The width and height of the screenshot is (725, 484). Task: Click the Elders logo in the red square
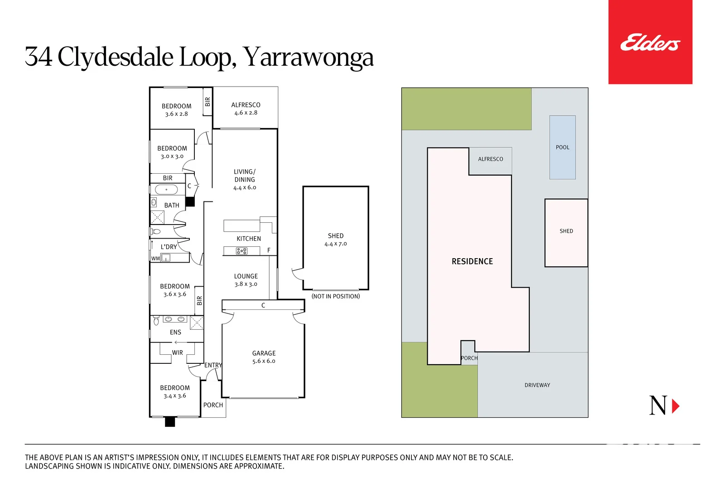click(x=650, y=43)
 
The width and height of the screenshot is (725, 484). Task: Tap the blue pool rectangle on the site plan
click(x=562, y=147)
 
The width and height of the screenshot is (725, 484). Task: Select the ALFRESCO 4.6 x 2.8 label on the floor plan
click(x=246, y=108)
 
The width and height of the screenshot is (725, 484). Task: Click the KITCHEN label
click(x=249, y=239)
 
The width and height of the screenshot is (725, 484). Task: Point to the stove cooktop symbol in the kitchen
click(x=242, y=251)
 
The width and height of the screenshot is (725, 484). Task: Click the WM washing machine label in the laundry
click(x=155, y=259)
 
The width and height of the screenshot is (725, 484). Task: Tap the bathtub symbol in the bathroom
click(x=166, y=190)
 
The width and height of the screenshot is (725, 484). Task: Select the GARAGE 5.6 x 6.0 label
click(x=264, y=357)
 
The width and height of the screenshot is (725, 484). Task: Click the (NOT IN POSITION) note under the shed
click(x=336, y=296)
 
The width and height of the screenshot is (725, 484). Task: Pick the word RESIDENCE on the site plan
click(x=472, y=261)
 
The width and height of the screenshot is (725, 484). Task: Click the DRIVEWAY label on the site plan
click(x=537, y=385)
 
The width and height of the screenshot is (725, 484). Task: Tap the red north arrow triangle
click(x=675, y=406)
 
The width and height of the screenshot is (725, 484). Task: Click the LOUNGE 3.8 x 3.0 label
click(x=246, y=280)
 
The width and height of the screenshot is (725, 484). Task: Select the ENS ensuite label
click(x=175, y=332)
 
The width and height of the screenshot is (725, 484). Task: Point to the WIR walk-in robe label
click(x=177, y=352)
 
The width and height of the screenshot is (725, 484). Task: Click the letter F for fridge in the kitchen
click(x=269, y=250)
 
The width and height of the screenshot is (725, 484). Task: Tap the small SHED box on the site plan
click(x=566, y=232)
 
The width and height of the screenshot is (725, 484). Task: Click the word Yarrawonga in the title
click(x=308, y=57)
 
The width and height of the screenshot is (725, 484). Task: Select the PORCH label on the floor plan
click(x=213, y=405)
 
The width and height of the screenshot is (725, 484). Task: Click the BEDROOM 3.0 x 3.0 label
click(x=172, y=152)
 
